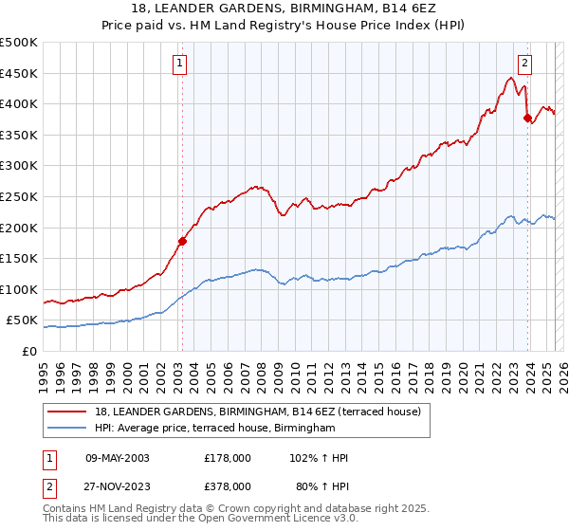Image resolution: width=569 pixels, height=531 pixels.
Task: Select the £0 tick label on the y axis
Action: (x=30, y=351)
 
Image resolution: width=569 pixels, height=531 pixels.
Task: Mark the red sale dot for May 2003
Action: (x=182, y=241)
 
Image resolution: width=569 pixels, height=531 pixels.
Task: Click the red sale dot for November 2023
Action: (x=527, y=118)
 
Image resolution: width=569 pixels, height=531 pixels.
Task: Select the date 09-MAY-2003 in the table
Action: (x=118, y=458)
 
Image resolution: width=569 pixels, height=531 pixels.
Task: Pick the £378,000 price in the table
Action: (x=228, y=485)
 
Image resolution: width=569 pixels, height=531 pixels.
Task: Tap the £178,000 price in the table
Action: (x=228, y=458)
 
